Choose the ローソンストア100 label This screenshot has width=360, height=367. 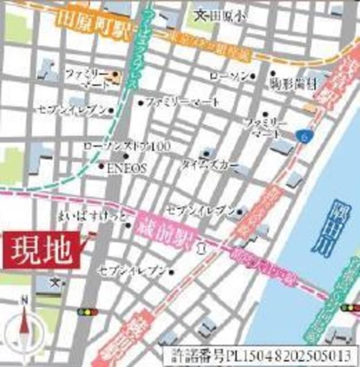tap(127, 147)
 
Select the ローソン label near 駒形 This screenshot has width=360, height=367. tap(229, 76)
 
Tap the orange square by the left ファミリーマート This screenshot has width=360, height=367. tap(115, 74)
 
